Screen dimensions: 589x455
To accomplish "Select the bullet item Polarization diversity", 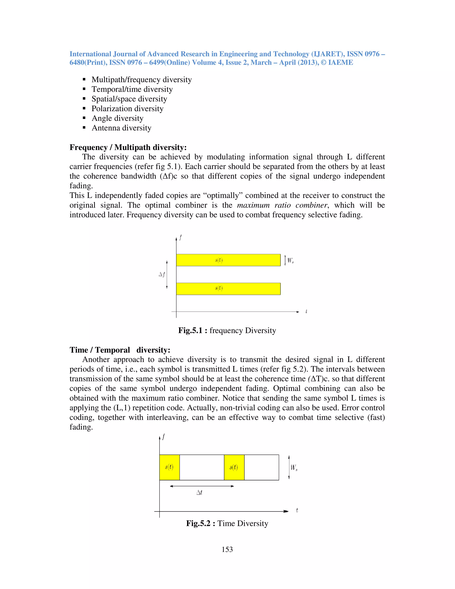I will pyautogui.click(x=127, y=108).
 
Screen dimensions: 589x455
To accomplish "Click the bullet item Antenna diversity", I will pyautogui.click(x=121, y=128).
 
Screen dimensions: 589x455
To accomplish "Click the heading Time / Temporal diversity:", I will pyautogui.click(x=120, y=350).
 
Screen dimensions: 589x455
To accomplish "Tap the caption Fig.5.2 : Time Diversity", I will pyautogui.click(x=227, y=523).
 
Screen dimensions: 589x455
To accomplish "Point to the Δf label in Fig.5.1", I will pyautogui.click(x=162, y=274).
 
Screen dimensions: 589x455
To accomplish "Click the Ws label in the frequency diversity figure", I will pyautogui.click(x=290, y=260).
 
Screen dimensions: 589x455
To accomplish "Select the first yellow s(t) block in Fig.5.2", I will pyautogui.click(x=169, y=467).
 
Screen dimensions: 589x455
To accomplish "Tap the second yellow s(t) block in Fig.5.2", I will pyautogui.click(x=234, y=467).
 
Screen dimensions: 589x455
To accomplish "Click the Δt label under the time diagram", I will pyautogui.click(x=199, y=493).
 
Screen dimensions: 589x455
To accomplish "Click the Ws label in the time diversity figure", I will pyautogui.click(x=294, y=467).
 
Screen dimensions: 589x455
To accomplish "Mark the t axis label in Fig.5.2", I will pyautogui.click(x=297, y=510).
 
